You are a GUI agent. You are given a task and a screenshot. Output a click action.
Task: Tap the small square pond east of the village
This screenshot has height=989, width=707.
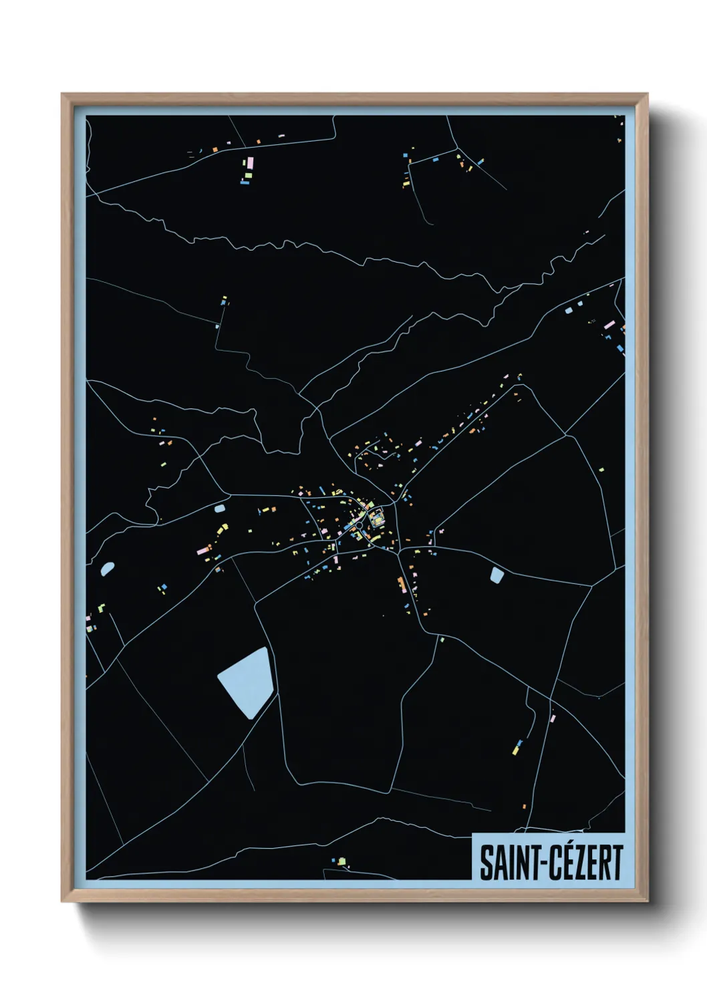pyautogui.click(x=497, y=575)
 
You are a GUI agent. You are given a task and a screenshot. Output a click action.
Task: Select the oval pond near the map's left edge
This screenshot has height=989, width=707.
pyautogui.click(x=107, y=569)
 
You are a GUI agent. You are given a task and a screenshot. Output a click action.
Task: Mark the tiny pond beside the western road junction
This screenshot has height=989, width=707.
pyautogui.click(x=219, y=509)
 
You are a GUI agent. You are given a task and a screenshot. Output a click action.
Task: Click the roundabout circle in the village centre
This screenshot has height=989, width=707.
pyautogui.click(x=359, y=525)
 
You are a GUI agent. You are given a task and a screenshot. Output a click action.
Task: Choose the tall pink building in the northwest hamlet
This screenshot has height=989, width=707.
pyautogui.click(x=250, y=163)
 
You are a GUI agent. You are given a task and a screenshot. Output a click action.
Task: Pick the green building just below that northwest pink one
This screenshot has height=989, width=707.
pyautogui.click(x=248, y=176)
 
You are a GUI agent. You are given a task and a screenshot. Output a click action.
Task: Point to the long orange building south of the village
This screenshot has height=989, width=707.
pyautogui.click(x=402, y=584)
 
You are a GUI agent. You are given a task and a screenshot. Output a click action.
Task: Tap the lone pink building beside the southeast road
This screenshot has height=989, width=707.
pyautogui.click(x=553, y=718)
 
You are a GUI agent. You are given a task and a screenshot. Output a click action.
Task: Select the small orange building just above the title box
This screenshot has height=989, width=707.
pyautogui.click(x=524, y=807)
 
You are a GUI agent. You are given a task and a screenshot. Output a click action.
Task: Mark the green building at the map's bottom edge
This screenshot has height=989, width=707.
pyautogui.click(x=341, y=861)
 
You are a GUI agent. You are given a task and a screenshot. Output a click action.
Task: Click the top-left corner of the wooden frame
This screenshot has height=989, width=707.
pyautogui.click(x=62, y=94)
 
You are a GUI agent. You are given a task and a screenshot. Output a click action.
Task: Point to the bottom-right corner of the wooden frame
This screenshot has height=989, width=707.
pyautogui.click(x=647, y=901)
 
